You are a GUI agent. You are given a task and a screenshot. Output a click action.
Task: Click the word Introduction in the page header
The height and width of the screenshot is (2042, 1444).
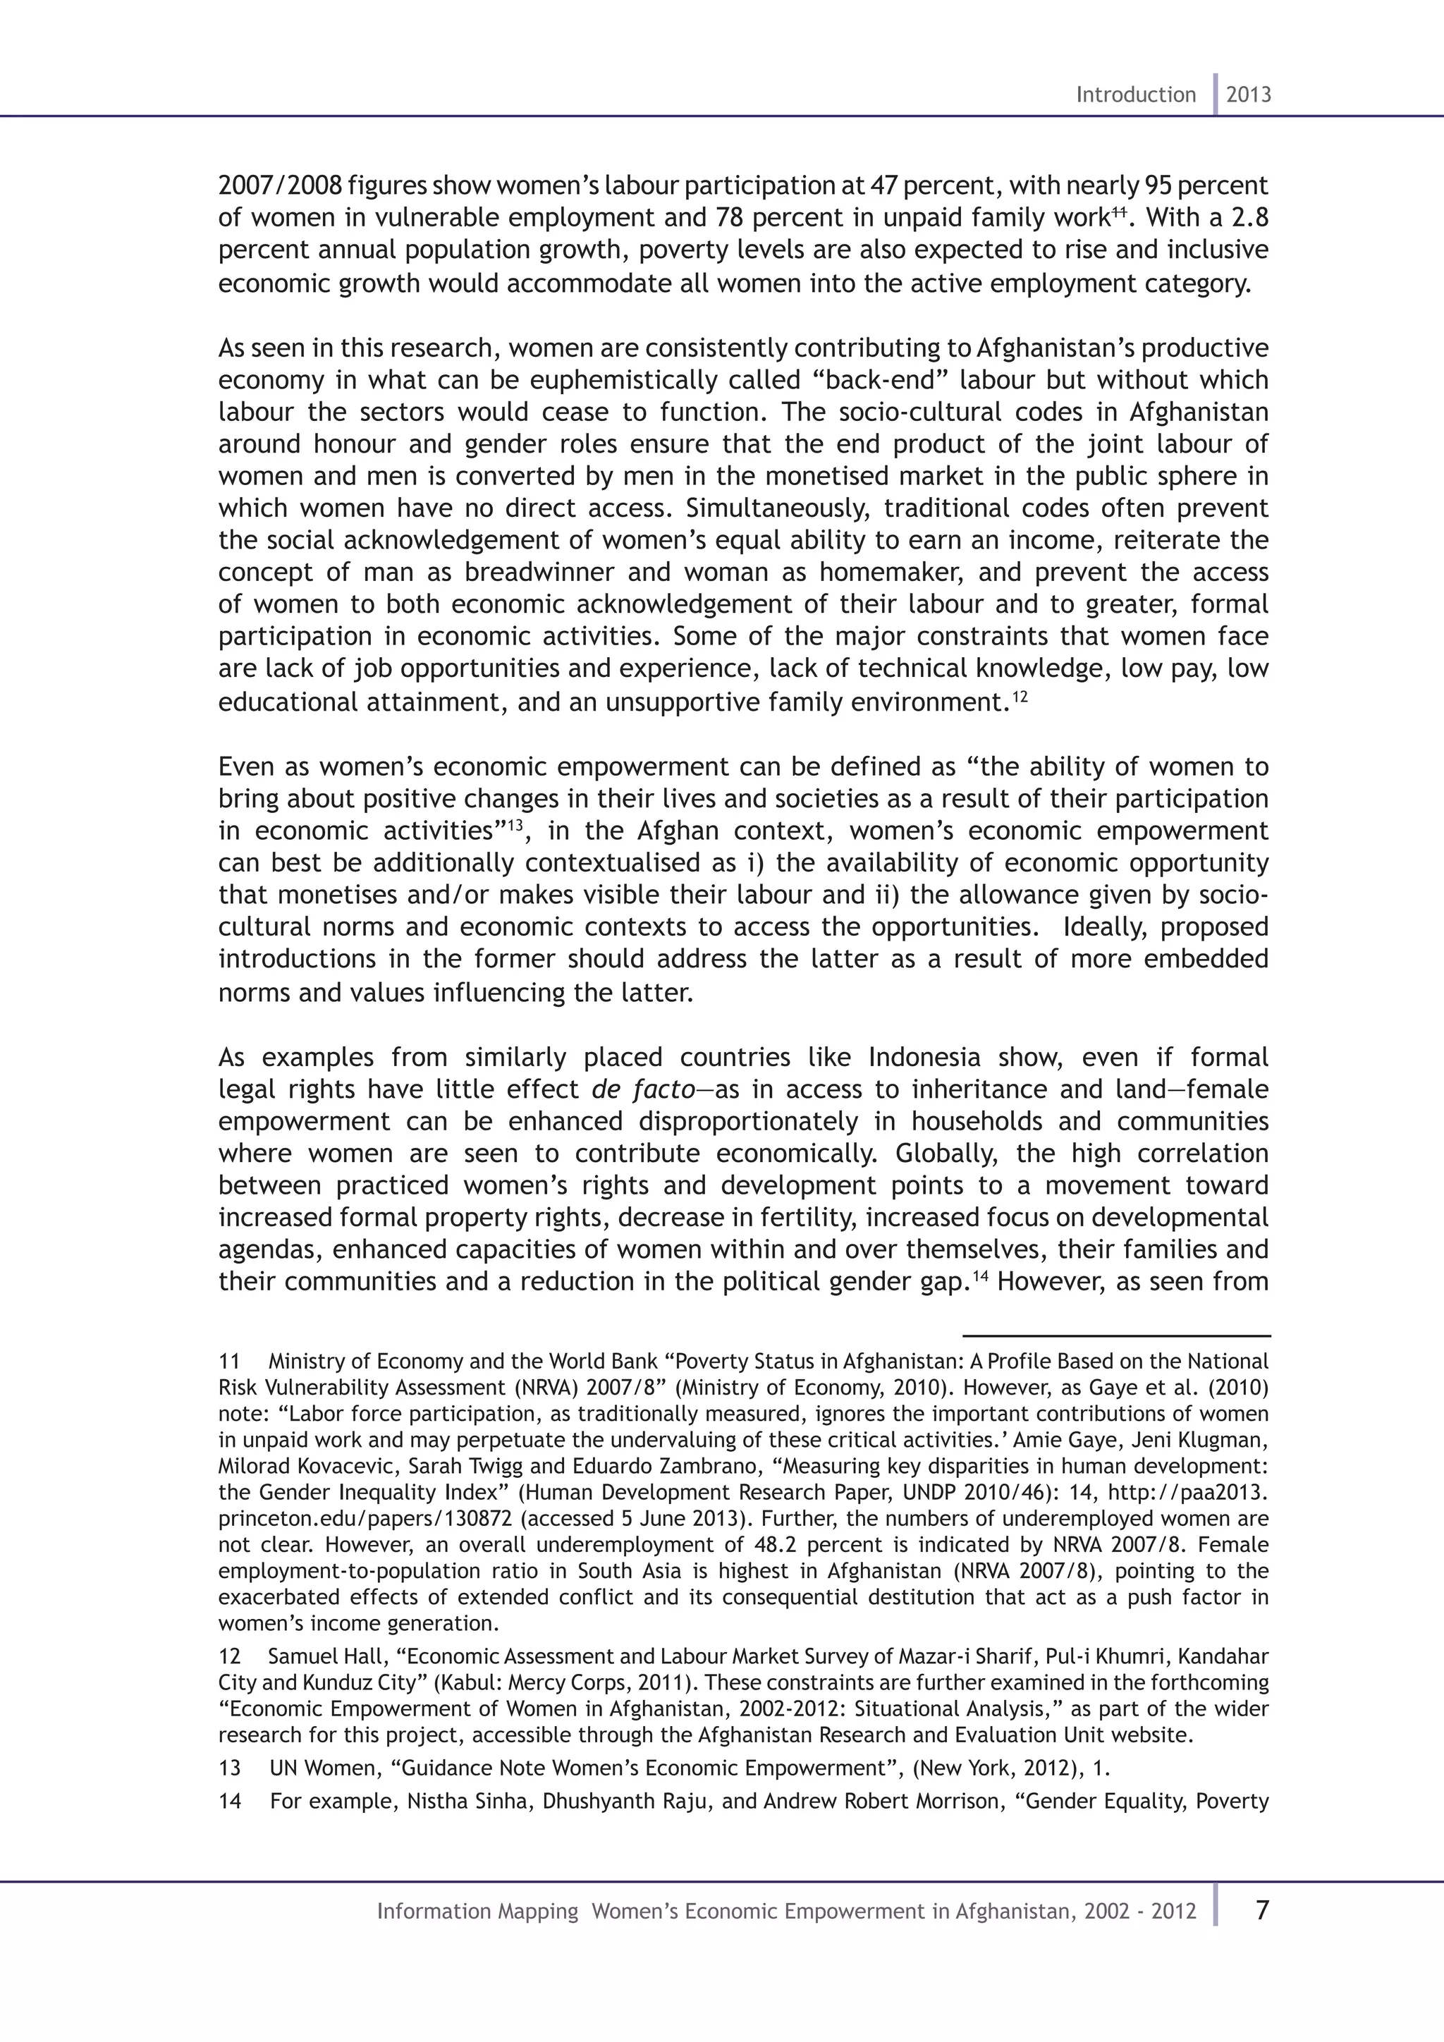1135,94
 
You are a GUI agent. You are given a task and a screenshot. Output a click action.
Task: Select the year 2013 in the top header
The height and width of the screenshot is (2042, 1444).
1249,94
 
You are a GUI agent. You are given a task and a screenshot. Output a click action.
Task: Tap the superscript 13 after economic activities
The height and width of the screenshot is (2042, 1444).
514,826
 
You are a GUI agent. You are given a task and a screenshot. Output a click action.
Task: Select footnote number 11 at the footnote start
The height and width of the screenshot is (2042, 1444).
229,1362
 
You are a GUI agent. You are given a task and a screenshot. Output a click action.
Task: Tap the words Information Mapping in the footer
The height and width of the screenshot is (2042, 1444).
477,1912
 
